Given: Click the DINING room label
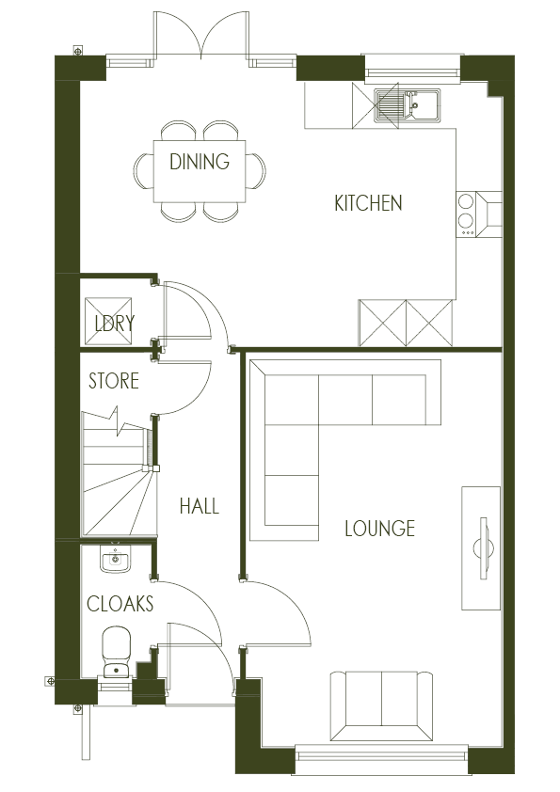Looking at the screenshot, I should pos(199,162).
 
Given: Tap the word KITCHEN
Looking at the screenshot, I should pos(368,203).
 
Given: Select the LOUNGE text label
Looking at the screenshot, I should pos(379,529).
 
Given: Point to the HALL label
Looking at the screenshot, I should pos(199,507).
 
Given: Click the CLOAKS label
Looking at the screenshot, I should pos(120,604).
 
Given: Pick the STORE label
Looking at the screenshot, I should pos(113,381).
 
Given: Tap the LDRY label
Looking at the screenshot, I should pos(114,324).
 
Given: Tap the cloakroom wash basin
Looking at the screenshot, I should pos(116,560).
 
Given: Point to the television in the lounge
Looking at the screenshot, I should pos(484,549).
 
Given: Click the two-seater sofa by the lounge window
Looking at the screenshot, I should pos(381,705).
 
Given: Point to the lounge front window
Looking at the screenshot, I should pos(381,752).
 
